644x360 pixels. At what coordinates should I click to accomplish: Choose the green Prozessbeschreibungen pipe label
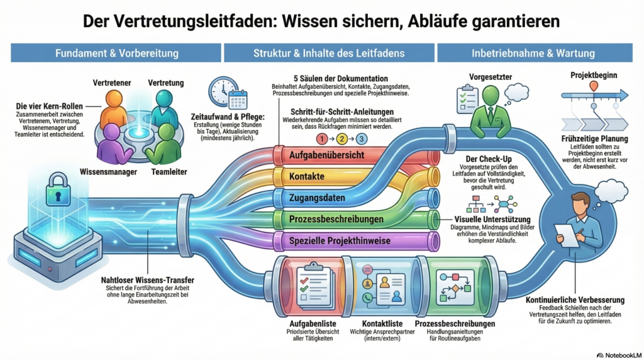[336, 220]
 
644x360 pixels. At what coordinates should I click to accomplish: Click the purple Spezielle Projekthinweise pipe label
[340, 240]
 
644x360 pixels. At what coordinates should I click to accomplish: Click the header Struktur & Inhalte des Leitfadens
[328, 53]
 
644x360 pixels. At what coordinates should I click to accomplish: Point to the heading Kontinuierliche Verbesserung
[575, 300]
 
